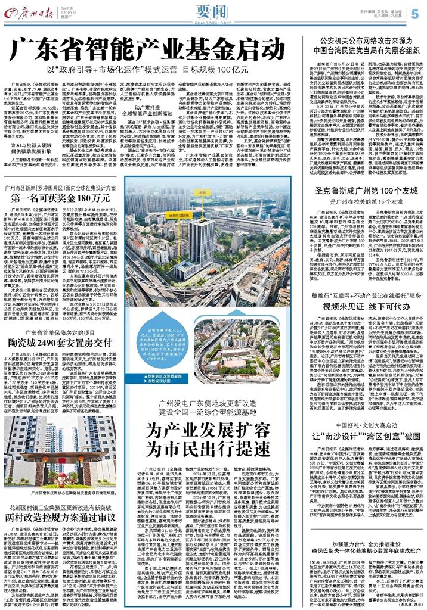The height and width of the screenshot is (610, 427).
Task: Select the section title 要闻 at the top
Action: point(213,13)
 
